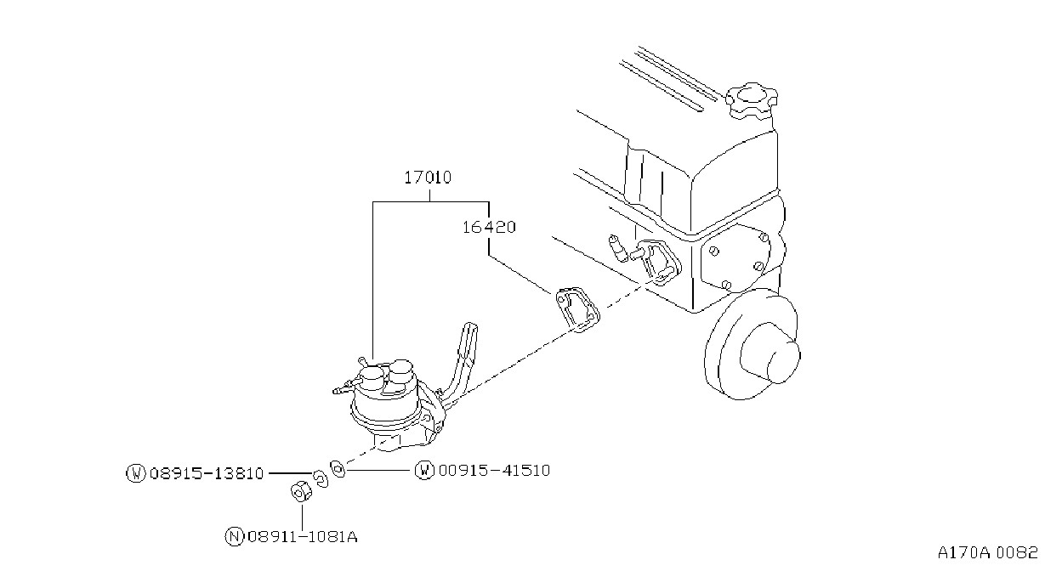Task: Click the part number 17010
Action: point(428,178)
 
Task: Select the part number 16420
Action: point(489,228)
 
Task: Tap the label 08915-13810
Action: point(207,473)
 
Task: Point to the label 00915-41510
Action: point(495,471)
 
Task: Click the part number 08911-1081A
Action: point(303,537)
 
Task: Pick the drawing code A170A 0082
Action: point(988,553)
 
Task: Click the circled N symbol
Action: point(234,537)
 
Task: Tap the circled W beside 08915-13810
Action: point(136,473)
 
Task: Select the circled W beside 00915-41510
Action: point(424,471)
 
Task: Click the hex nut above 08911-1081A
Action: point(301,491)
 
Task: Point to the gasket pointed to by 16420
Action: point(577,309)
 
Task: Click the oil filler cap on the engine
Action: point(751,100)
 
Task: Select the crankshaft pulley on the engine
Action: point(752,344)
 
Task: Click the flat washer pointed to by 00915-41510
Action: point(338,468)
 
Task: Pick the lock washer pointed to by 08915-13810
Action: point(320,478)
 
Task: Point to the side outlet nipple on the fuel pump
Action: point(344,387)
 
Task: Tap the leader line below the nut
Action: point(303,516)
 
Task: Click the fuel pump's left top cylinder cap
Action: point(372,377)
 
